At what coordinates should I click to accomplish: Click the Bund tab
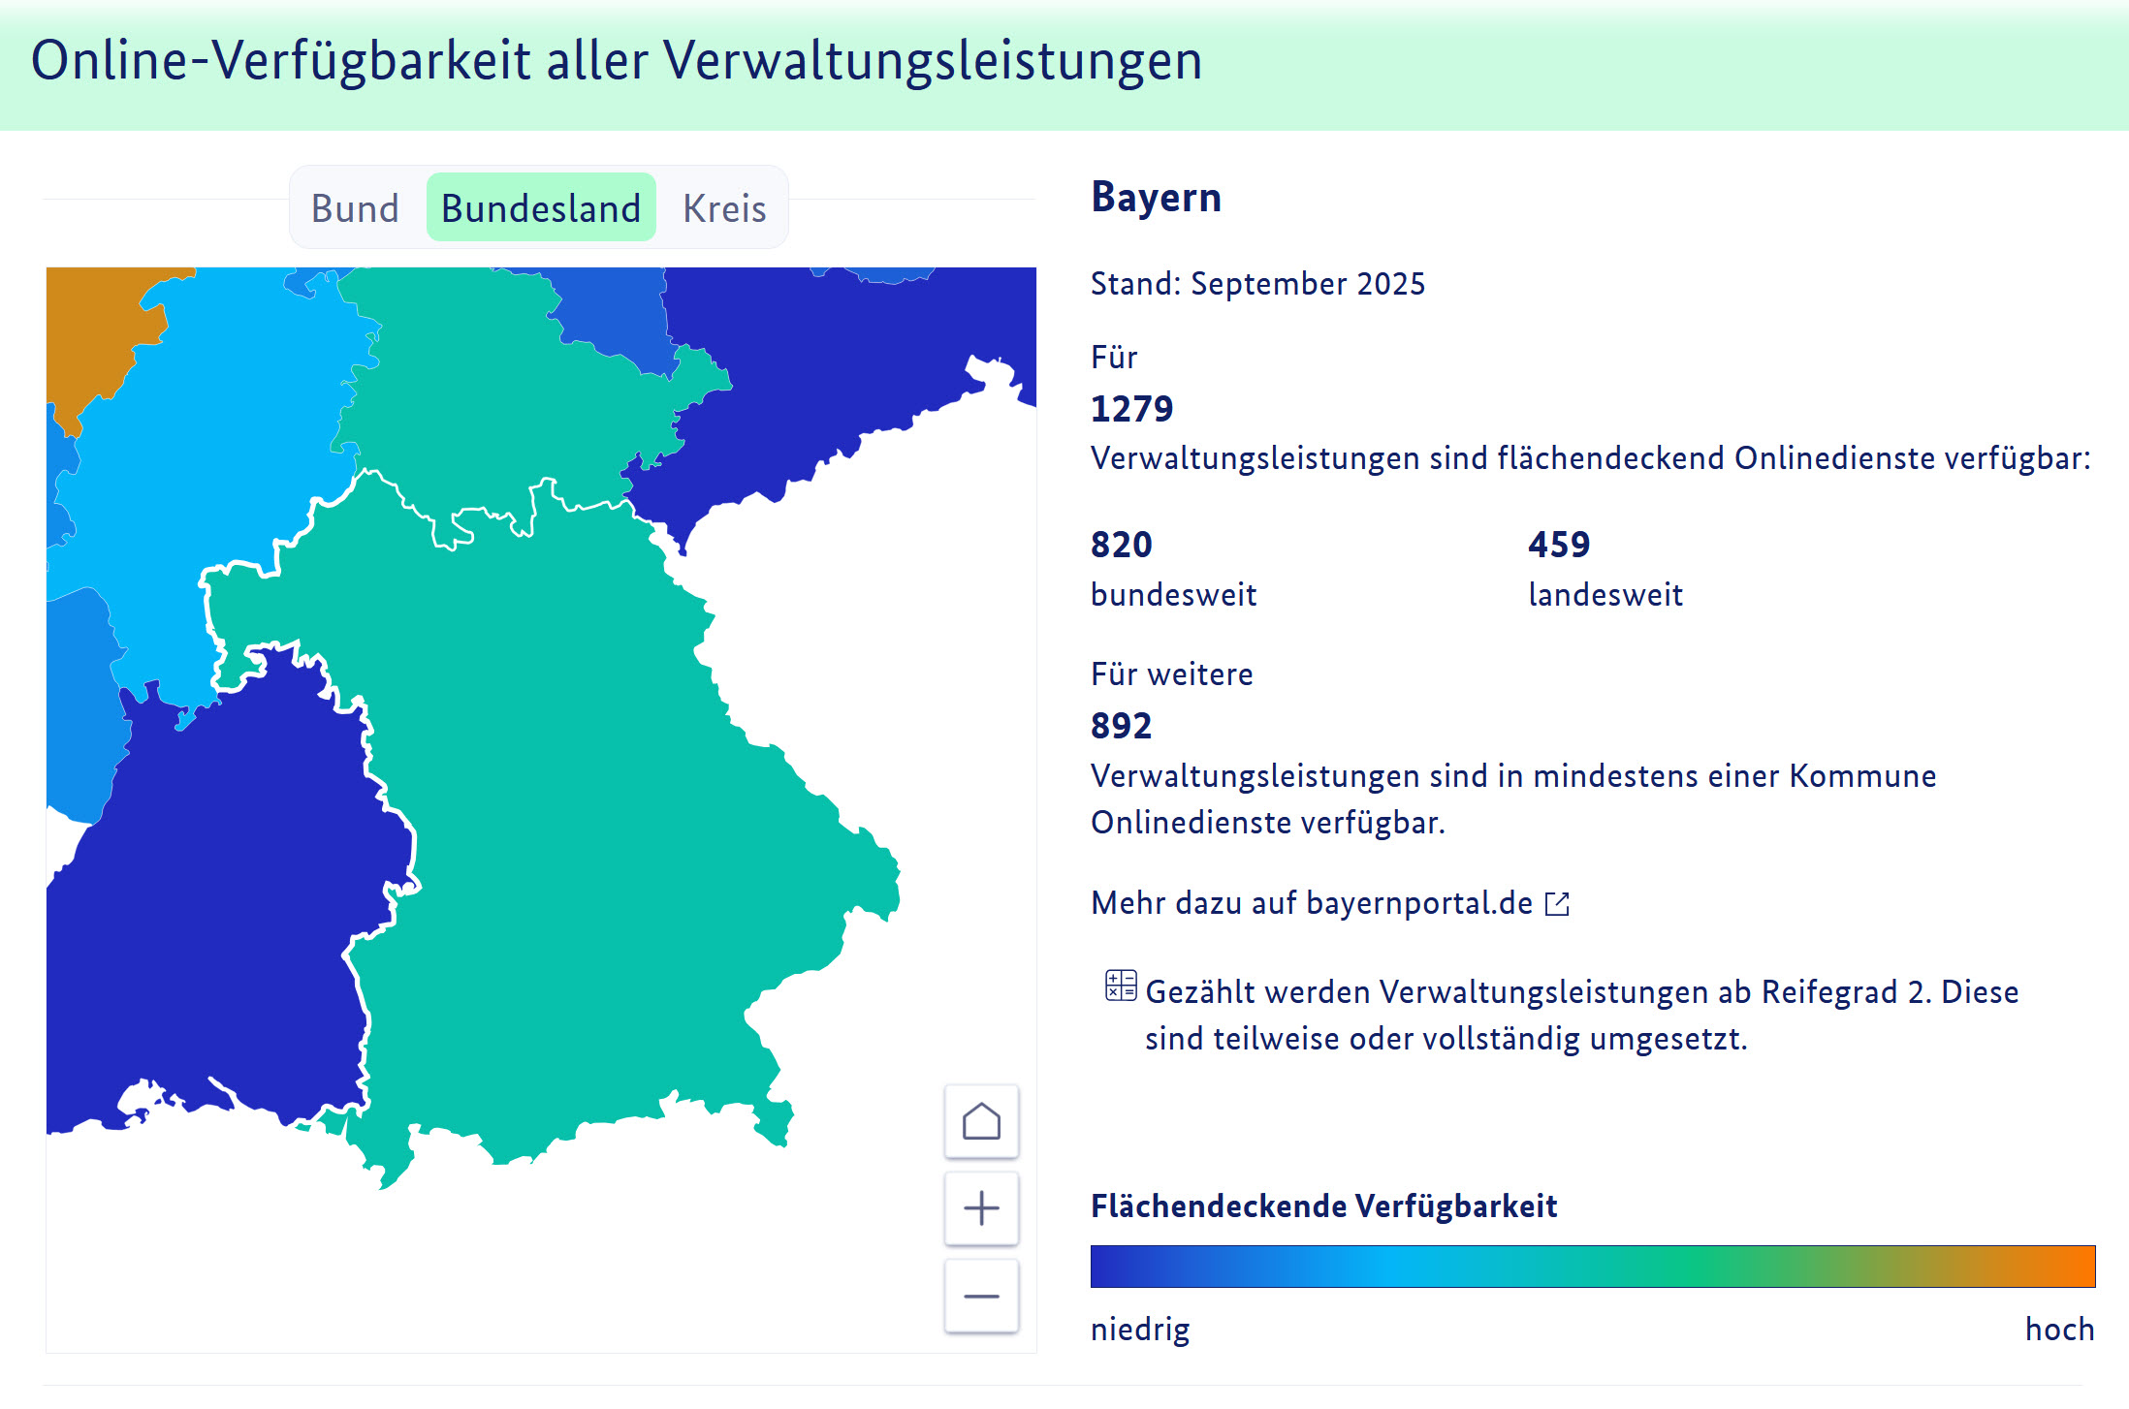[355, 208]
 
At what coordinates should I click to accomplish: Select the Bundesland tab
[541, 208]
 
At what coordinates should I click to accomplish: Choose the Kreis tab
[724, 208]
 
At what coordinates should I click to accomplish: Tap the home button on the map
[981, 1121]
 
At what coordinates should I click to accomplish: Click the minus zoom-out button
[981, 1296]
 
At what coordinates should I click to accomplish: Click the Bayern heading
[1156, 197]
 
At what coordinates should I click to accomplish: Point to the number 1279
[1131, 409]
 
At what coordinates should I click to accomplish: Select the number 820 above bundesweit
[1122, 545]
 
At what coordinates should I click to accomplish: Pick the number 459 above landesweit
[1559, 545]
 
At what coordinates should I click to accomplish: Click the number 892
[1121, 726]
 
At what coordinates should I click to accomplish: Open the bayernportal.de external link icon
[1557, 903]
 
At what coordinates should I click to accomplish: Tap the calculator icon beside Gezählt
[1121, 986]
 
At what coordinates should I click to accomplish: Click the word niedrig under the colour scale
[1140, 1329]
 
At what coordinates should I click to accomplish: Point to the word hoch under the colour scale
[2059, 1329]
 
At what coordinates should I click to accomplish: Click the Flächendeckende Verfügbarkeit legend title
[1323, 1205]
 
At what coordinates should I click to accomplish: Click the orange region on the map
[92, 329]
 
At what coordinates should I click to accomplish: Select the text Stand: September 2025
[1257, 284]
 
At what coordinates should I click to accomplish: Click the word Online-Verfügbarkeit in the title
[280, 60]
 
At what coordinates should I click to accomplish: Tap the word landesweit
[1605, 594]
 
